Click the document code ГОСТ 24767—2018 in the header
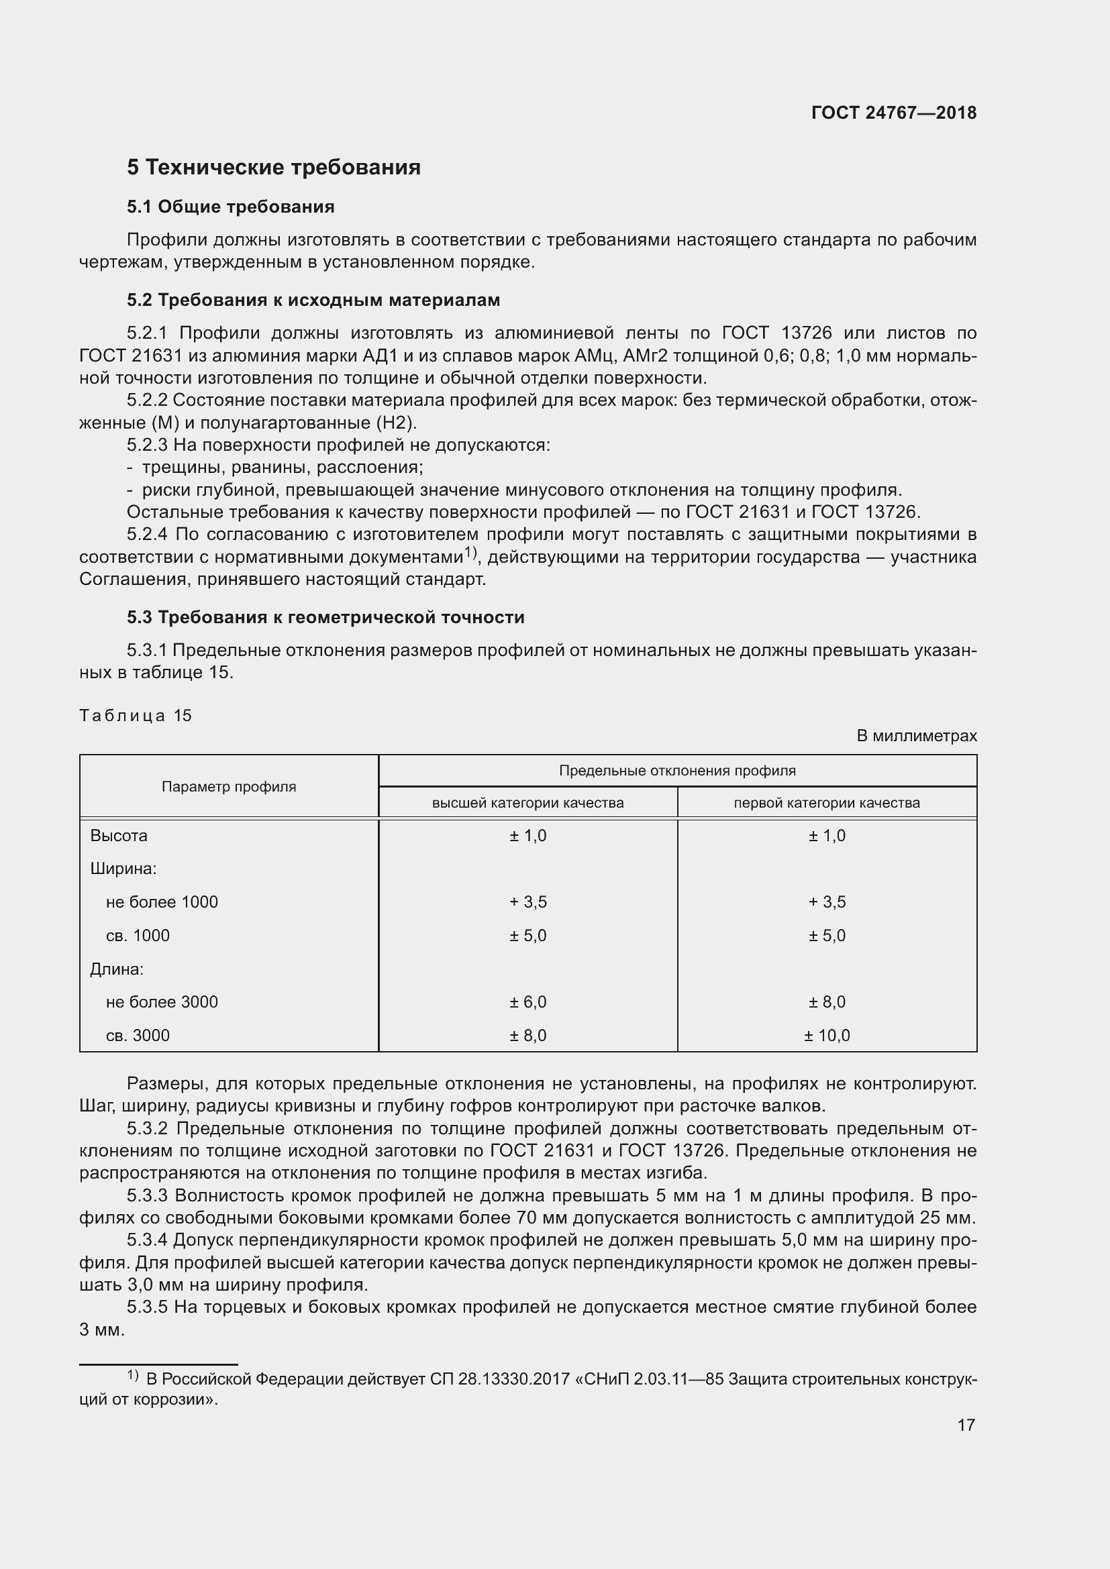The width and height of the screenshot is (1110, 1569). coord(893,113)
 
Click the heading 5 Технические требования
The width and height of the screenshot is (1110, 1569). coord(273,168)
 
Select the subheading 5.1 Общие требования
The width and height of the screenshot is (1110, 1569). coord(230,207)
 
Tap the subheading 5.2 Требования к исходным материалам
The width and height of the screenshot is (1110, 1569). coord(313,300)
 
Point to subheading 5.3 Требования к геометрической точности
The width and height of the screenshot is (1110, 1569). coord(325,617)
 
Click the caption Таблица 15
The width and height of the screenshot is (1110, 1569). coord(136,716)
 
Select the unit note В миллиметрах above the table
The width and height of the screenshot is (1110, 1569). coord(916,736)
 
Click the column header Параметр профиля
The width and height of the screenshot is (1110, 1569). coord(229,787)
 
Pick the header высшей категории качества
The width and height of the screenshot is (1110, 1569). coord(527,803)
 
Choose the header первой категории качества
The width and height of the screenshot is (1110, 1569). coord(826,803)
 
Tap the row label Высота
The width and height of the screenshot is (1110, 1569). coord(118,836)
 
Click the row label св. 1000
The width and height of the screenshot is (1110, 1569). coord(138,936)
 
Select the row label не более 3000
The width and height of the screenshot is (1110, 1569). coord(161,1002)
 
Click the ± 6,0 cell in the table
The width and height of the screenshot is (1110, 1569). coord(527,1002)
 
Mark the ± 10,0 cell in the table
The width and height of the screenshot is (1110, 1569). coord(826,1035)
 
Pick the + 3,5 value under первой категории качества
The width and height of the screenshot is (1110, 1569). coord(826,902)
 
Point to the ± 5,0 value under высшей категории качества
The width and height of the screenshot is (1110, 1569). coord(527,936)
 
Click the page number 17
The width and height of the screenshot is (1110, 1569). coord(966,1425)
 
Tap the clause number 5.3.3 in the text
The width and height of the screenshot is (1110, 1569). coord(147,1196)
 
